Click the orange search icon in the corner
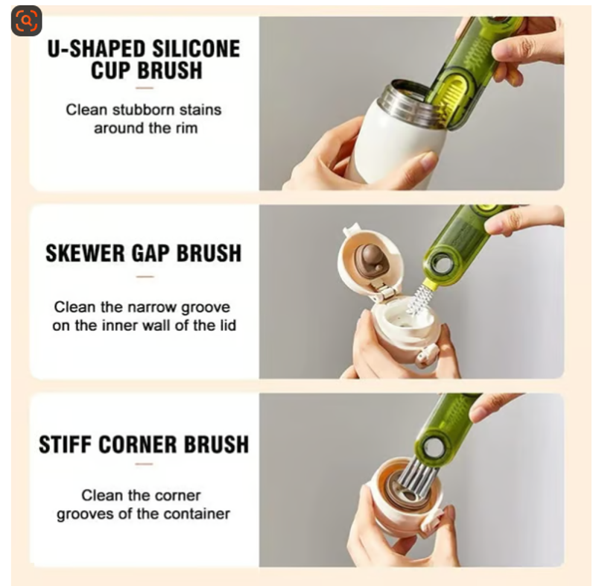coord(26,21)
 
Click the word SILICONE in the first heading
coord(196,49)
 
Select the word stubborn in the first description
coord(143,110)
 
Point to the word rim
coord(187,128)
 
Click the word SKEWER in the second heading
coord(85,253)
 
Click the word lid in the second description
coord(228,325)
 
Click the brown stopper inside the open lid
coord(369,260)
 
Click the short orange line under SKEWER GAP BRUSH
coord(145,277)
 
